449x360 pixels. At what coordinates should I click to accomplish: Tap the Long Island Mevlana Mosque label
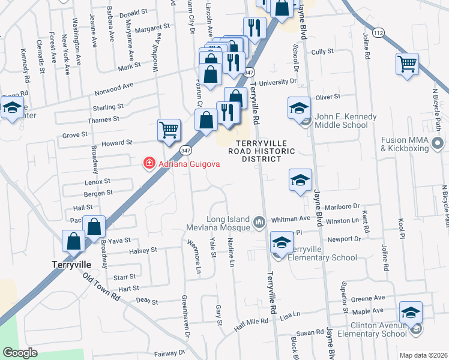point(229,223)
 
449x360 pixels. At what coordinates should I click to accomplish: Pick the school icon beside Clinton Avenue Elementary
point(411,313)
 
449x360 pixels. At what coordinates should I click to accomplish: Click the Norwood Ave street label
point(114,89)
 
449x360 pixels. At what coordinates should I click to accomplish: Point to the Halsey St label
point(142,250)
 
